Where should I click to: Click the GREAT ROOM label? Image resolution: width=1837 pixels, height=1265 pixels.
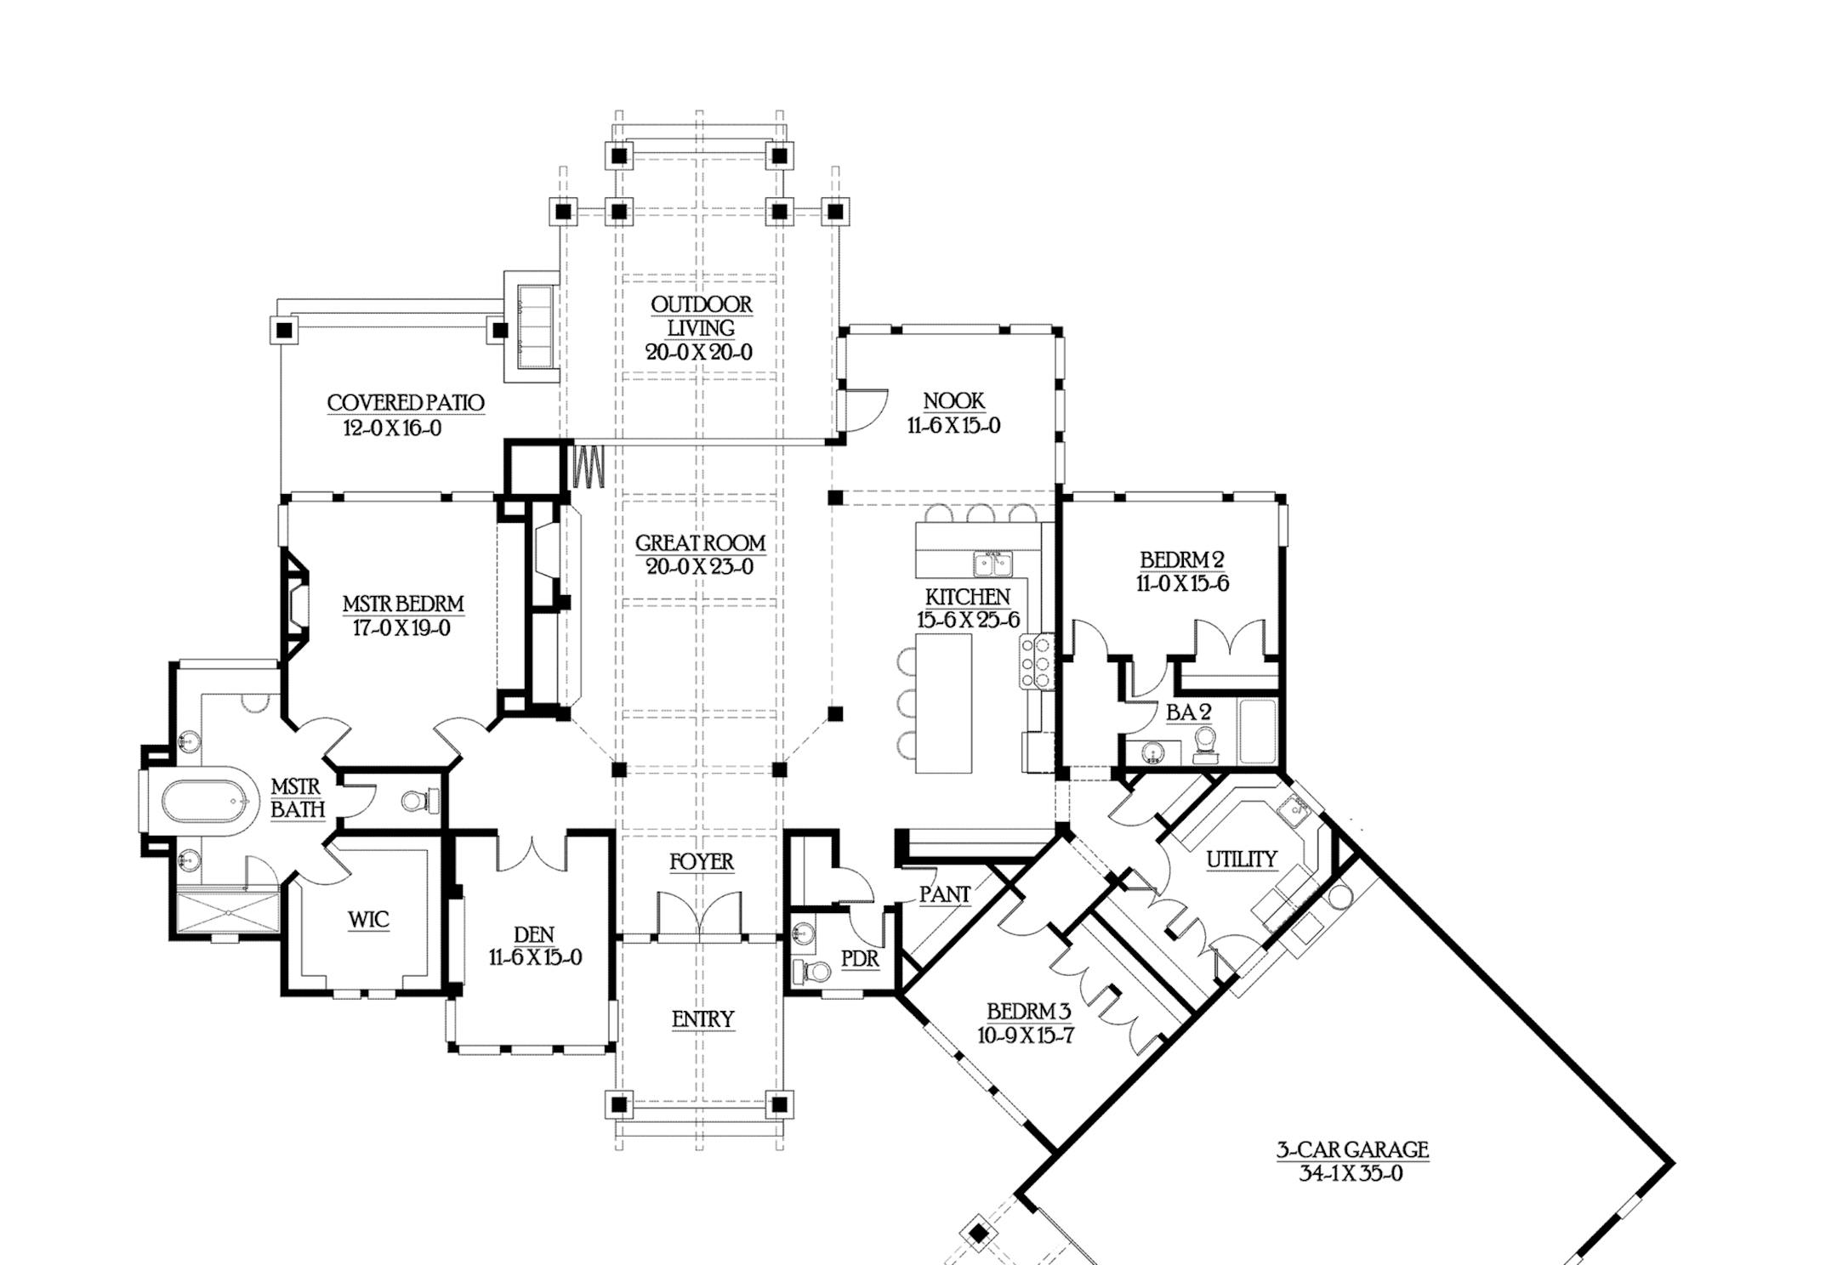tap(700, 542)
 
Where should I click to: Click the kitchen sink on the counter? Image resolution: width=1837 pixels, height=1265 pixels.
tap(992, 563)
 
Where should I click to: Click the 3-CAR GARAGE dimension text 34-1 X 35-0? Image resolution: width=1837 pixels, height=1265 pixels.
tap(1351, 1174)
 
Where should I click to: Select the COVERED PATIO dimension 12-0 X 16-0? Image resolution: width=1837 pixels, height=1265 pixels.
tap(392, 428)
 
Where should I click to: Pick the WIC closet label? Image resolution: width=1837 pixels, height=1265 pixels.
tap(368, 919)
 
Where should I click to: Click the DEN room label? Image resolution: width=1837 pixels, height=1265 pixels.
tap(534, 934)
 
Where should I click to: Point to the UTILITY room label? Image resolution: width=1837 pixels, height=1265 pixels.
tap(1241, 859)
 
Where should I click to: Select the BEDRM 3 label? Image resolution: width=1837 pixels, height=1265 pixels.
tap(1028, 1012)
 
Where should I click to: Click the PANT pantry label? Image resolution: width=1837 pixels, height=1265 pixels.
tap(944, 894)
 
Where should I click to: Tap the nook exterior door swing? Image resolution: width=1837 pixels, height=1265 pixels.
tap(863, 410)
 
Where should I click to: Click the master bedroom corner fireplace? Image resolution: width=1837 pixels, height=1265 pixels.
tap(296, 607)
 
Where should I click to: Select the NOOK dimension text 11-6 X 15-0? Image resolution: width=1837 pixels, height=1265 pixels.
tap(953, 426)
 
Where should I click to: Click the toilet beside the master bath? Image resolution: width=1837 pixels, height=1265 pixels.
tap(416, 800)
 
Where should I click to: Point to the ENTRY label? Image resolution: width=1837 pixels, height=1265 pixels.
tap(702, 1019)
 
